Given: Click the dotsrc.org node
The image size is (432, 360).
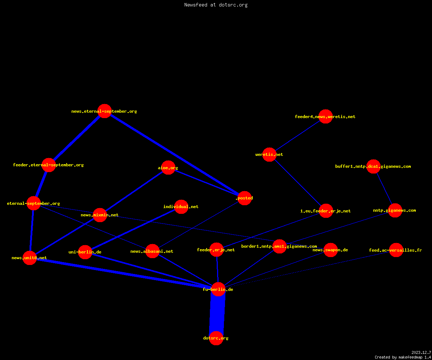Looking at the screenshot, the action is click(216, 338).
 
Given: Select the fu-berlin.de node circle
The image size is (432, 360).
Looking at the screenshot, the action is click(218, 289).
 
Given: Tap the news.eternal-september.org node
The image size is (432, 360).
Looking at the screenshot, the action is click(104, 111).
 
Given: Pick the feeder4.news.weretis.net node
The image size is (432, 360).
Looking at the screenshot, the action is click(325, 117).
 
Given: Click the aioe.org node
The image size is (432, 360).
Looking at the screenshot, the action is click(168, 168).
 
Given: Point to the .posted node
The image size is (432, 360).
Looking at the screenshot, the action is click(244, 198).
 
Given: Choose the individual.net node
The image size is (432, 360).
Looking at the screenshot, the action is click(181, 207).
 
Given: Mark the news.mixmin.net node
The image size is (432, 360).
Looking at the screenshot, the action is click(100, 215).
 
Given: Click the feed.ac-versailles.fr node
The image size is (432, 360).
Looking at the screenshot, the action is click(396, 250).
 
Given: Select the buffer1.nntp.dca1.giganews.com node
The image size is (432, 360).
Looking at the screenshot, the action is click(373, 166).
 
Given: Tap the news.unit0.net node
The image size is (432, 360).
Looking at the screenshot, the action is click(30, 258).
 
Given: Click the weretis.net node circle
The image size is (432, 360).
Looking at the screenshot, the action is click(269, 154).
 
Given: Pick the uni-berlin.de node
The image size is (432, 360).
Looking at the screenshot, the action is click(85, 252).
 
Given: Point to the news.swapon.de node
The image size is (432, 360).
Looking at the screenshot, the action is click(330, 250).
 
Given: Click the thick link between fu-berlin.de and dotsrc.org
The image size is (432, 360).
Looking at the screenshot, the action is click(217, 314).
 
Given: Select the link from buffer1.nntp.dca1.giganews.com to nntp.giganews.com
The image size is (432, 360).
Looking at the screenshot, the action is click(384, 189).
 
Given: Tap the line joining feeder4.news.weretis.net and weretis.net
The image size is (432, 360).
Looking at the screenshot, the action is click(297, 135).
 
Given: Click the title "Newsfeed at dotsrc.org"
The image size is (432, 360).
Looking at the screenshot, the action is click(216, 5).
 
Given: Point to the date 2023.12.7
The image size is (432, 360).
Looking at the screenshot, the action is click(421, 352).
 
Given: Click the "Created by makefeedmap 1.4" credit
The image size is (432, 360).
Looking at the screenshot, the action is click(403, 357).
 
